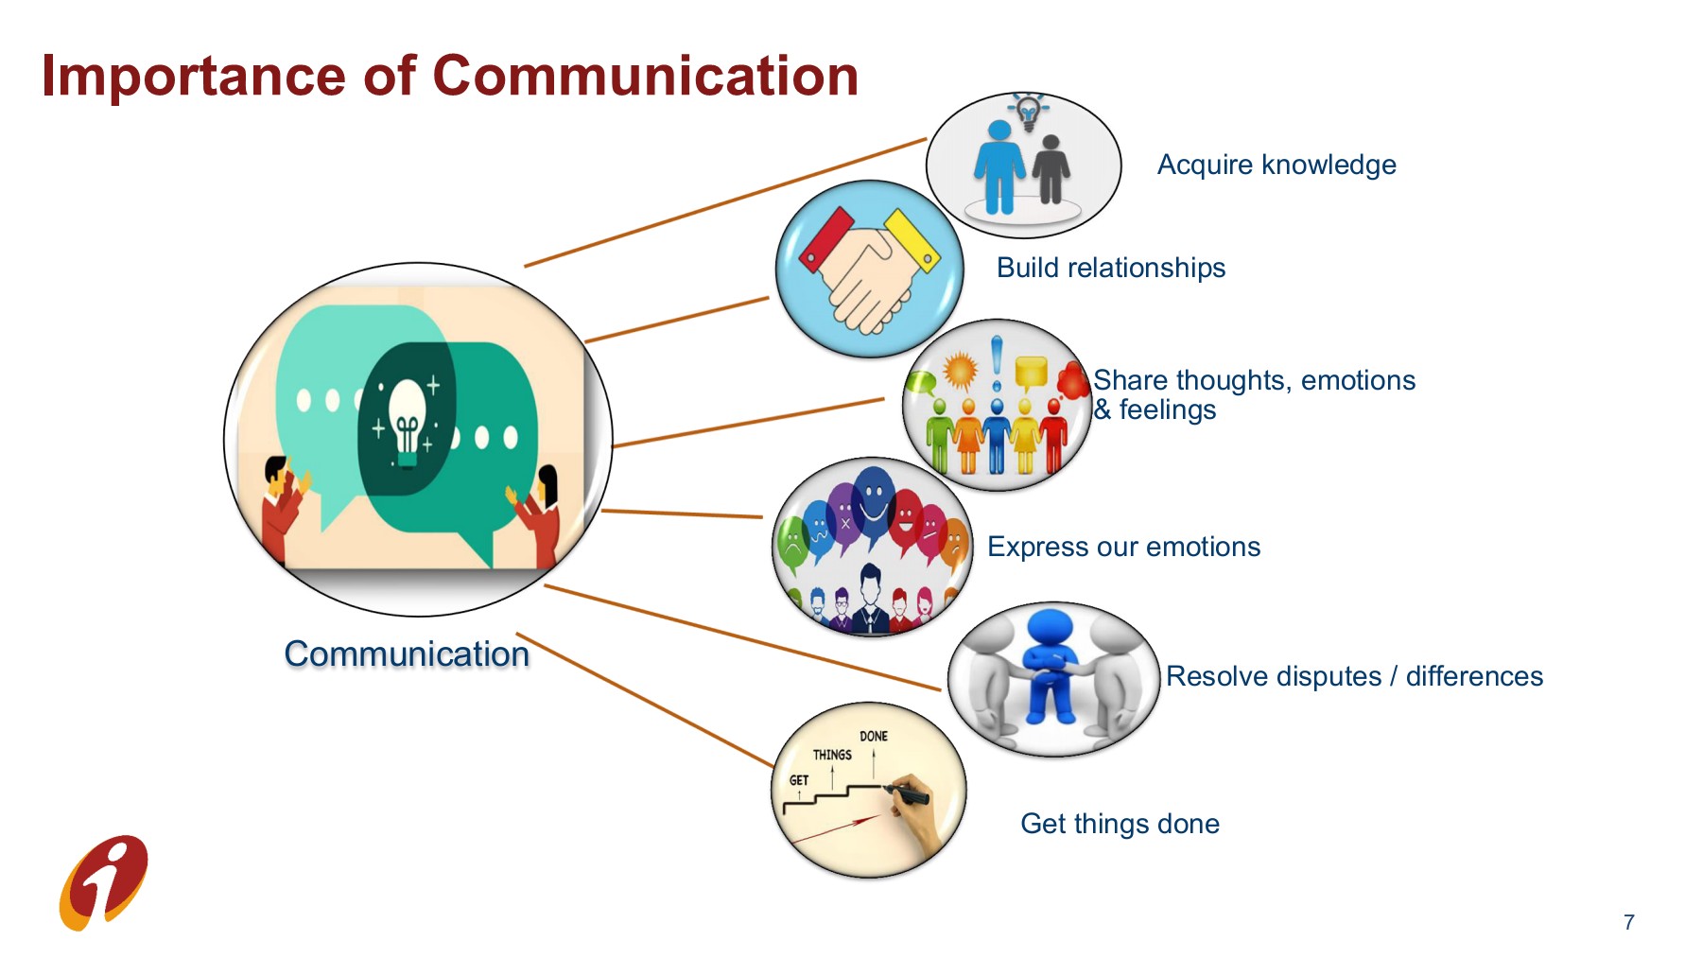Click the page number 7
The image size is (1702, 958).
(1628, 922)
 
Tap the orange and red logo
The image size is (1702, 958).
(104, 882)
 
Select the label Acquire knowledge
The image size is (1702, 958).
(1276, 165)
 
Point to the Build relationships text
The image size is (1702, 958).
(1110, 268)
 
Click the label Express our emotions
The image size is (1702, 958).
(1123, 547)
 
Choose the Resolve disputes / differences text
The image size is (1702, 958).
(1353, 676)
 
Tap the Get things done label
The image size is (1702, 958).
(1120, 824)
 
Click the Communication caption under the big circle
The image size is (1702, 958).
(407, 654)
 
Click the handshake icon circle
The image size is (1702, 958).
(868, 270)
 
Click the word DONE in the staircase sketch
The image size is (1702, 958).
(873, 736)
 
